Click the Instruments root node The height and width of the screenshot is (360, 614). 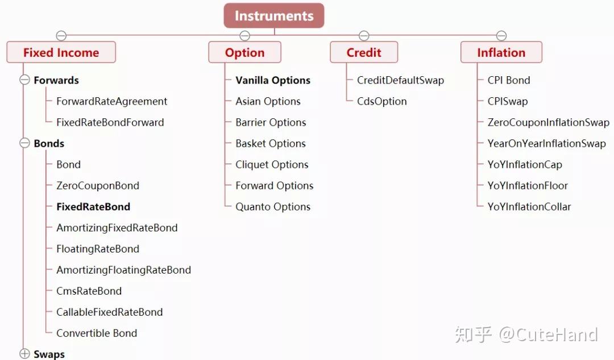click(273, 16)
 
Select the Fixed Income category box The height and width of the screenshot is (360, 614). click(61, 52)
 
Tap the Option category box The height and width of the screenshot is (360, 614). click(244, 52)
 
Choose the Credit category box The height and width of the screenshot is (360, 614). click(364, 52)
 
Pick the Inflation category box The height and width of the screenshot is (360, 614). click(501, 52)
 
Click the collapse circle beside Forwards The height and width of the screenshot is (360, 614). click(24, 80)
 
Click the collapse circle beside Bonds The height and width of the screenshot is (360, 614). click(24, 143)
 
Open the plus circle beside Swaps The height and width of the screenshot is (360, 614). click(24, 354)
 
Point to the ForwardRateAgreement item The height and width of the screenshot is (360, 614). click(111, 101)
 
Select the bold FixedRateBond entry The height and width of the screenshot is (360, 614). click(93, 206)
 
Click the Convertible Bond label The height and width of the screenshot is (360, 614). click(97, 333)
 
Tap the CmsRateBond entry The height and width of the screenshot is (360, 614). click(89, 291)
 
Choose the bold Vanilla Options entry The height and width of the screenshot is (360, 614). click(273, 80)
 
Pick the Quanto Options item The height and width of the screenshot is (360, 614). click(273, 206)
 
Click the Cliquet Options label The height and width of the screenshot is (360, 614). click(272, 164)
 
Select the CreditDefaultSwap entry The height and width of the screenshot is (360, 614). click(401, 80)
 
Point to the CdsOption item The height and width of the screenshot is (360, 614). click(382, 101)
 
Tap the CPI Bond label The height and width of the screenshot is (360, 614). click(509, 80)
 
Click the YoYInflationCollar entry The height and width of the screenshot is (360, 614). click(529, 206)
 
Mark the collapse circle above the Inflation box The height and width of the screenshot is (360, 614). click(501, 36)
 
